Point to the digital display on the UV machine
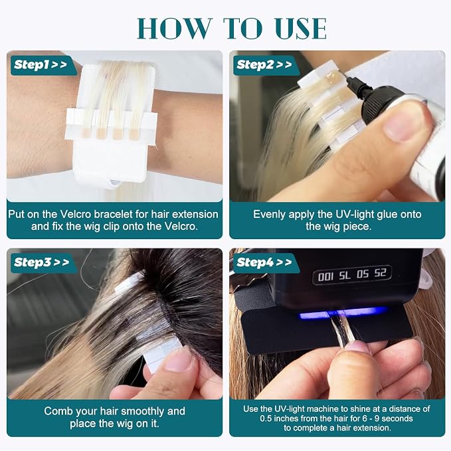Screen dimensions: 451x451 coord(352,275)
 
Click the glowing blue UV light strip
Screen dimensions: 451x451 coord(342,313)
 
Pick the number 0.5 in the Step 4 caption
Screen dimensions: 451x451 coord(266,418)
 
